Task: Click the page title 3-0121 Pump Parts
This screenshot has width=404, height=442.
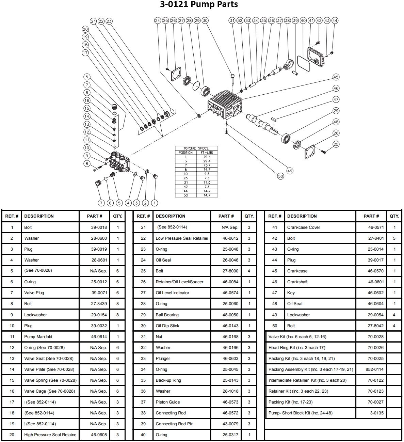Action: click(199, 4)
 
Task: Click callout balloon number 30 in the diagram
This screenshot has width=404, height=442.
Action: click(205, 20)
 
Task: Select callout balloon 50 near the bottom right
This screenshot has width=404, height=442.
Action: click(280, 176)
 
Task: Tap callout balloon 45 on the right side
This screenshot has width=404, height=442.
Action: click(336, 77)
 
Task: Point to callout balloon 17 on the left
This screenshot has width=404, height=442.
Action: click(85, 53)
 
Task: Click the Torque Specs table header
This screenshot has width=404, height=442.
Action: click(196, 148)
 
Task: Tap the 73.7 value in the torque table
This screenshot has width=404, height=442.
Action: click(207, 165)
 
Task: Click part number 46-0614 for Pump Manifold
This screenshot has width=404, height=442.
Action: click(99, 337)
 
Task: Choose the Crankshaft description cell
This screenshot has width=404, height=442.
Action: click(297, 282)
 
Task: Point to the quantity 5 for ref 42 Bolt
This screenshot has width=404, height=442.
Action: click(394, 238)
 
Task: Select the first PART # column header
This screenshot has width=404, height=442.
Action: click(95, 216)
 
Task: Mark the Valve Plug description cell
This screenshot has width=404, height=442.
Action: click(34, 293)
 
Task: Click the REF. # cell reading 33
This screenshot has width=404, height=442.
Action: click(143, 359)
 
